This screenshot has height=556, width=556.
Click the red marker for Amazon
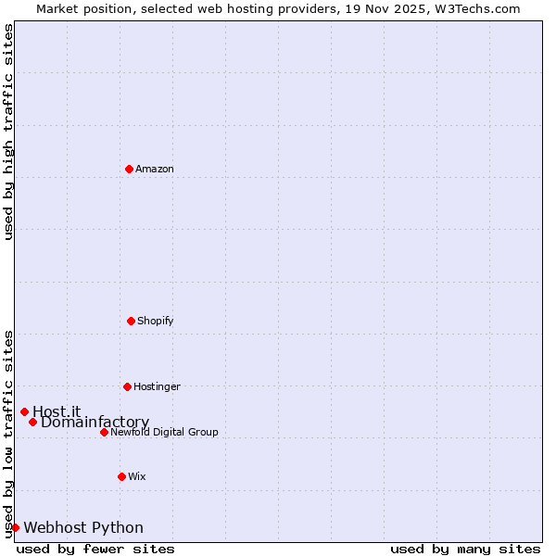click(x=130, y=169)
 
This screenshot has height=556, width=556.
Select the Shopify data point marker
click(x=131, y=321)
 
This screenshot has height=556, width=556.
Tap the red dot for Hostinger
click(x=127, y=386)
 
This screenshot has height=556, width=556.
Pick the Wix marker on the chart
click(x=121, y=476)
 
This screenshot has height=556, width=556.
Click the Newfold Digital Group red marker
click(x=104, y=432)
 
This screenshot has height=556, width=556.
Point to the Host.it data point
click(x=24, y=411)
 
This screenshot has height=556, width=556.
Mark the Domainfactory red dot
click(x=32, y=422)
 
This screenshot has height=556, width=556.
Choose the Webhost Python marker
click(x=15, y=527)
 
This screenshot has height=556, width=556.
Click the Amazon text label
click(x=155, y=169)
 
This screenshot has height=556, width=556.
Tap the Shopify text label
click(x=156, y=321)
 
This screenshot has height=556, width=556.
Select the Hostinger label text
click(x=157, y=386)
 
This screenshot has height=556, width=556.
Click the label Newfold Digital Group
click(x=164, y=432)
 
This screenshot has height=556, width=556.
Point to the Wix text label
click(x=137, y=476)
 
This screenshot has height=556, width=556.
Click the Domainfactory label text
click(x=95, y=423)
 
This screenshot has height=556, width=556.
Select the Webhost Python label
click(x=83, y=528)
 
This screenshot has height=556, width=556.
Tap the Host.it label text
click(x=57, y=411)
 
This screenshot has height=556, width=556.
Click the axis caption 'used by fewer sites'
click(x=95, y=549)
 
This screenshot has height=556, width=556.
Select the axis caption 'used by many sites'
click(x=465, y=549)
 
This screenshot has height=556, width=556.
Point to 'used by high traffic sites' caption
click(x=8, y=133)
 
